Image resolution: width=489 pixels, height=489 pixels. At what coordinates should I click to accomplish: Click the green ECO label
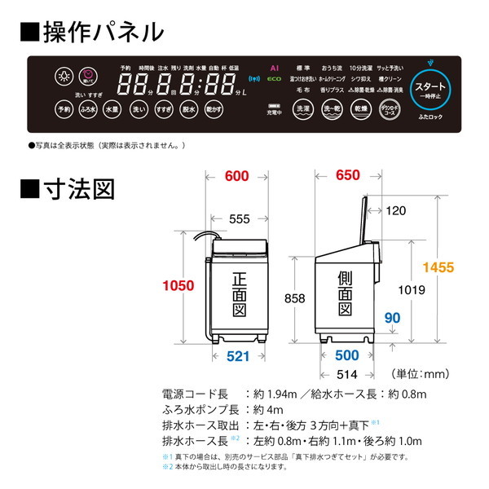[275, 81]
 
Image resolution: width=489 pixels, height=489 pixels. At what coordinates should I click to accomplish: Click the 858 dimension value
[294, 298]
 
